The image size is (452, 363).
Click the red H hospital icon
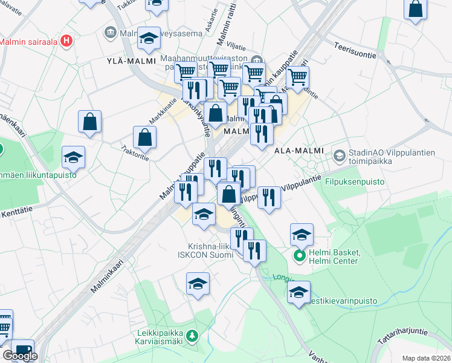pos(67,42)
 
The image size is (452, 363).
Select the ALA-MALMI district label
pos(299,150)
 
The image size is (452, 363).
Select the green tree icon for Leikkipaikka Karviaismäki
pos(192,335)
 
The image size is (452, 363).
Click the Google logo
pos(20,356)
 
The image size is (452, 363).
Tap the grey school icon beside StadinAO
pos(339,156)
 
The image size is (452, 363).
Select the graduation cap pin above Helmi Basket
pos(302,234)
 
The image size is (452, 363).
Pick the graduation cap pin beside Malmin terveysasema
pos(149,38)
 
